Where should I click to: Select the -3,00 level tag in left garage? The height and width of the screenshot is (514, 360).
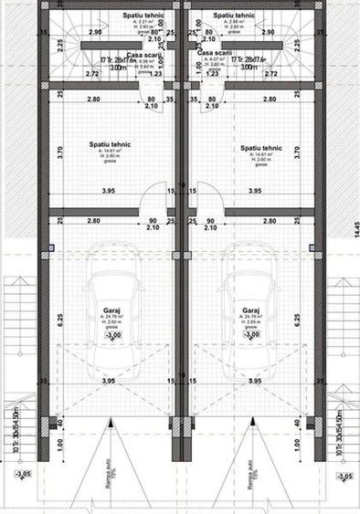pos(113,336)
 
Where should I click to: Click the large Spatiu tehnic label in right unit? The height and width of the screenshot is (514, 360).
pos(260,146)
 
